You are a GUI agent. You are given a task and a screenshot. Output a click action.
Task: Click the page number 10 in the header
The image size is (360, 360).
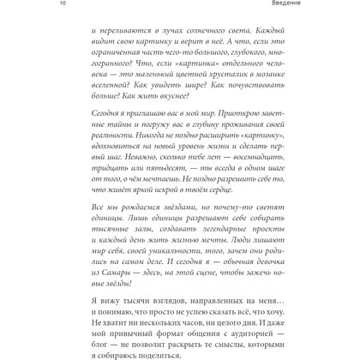[x=4, y=3]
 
